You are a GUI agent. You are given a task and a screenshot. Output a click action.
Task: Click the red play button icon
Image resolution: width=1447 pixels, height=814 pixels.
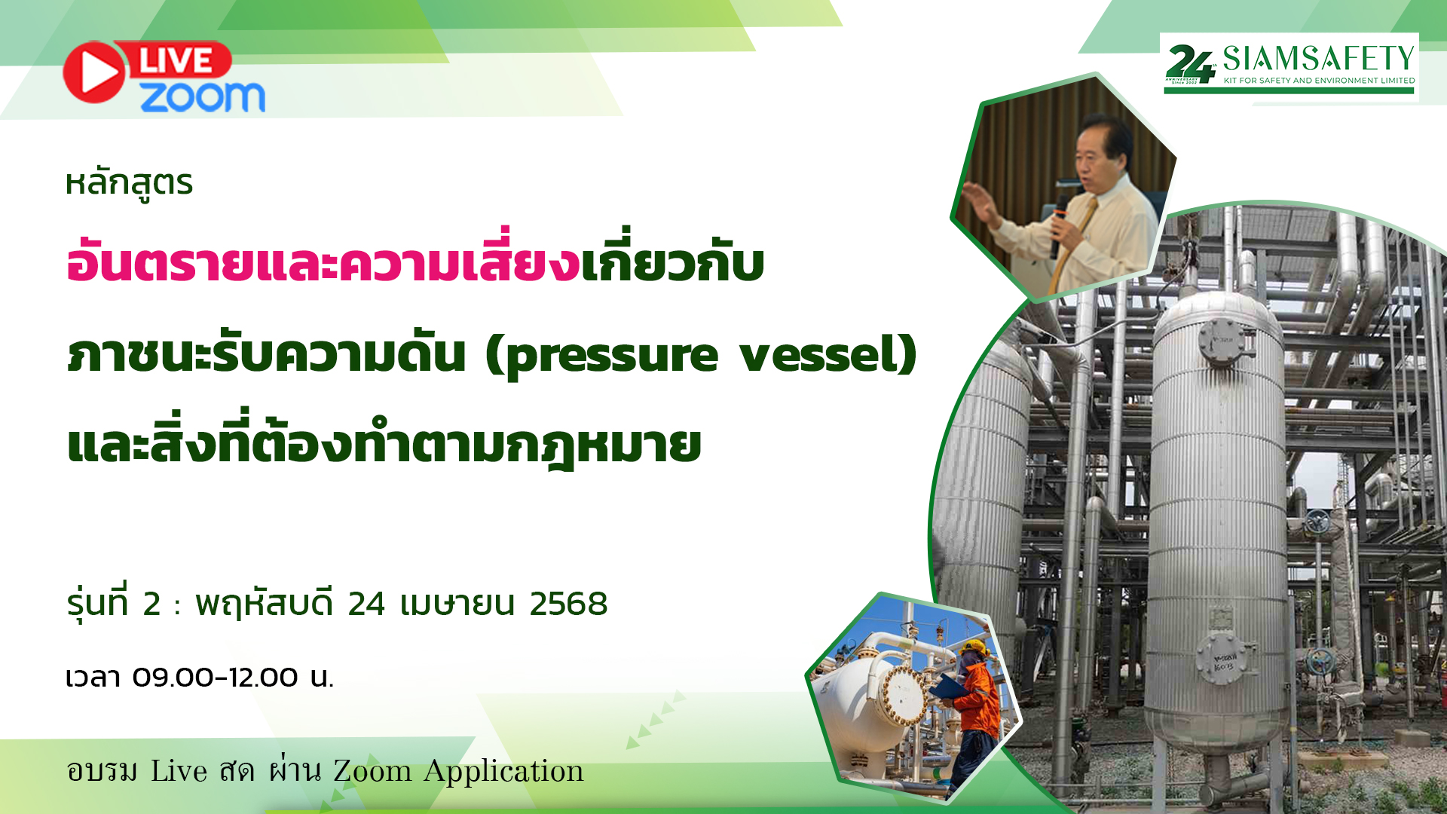(95, 72)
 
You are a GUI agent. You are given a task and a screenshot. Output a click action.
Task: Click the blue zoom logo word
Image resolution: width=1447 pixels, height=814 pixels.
(202, 97)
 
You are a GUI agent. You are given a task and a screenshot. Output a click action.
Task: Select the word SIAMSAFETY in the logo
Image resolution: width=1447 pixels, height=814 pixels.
(1318, 58)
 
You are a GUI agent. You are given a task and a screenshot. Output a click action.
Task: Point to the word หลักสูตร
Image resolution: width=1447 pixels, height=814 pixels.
(129, 184)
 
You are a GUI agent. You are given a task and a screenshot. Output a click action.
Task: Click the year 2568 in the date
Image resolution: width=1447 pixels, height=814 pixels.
(568, 604)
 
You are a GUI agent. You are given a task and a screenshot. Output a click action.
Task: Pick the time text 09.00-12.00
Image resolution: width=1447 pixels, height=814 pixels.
(215, 677)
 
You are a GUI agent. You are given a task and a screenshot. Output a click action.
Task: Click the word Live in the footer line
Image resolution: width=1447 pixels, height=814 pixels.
(179, 770)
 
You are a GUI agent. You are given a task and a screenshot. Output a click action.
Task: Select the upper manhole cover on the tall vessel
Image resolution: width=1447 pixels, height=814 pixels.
(1222, 340)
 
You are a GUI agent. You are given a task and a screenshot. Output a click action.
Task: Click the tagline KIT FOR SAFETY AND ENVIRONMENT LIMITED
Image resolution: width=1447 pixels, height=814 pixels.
(1319, 81)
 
